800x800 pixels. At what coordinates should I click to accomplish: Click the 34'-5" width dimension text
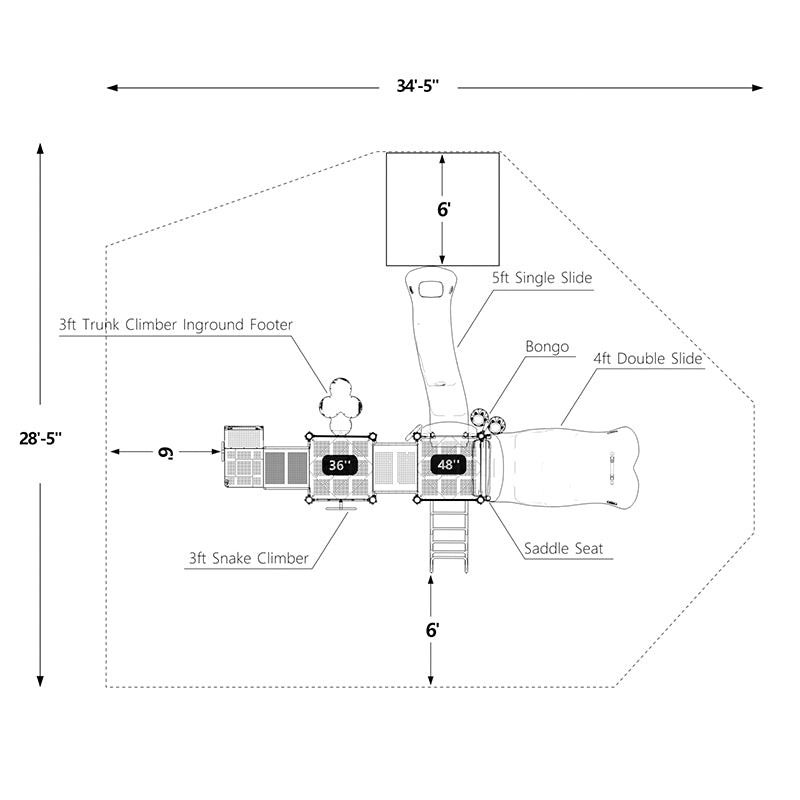pyautogui.click(x=420, y=87)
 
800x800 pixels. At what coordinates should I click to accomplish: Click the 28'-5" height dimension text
pyautogui.click(x=41, y=438)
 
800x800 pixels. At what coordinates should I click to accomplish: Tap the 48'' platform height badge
pyautogui.click(x=448, y=465)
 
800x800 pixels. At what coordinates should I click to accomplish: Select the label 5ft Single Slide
pyautogui.click(x=541, y=278)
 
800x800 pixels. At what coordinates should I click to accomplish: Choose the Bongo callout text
pyautogui.click(x=547, y=347)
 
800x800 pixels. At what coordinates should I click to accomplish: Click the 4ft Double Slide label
pyautogui.click(x=647, y=358)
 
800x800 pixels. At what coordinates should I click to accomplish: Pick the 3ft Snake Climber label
pyautogui.click(x=249, y=558)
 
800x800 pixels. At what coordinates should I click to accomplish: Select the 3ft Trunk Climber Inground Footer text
pyautogui.click(x=176, y=325)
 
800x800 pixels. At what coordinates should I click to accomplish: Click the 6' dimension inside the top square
pyautogui.click(x=443, y=209)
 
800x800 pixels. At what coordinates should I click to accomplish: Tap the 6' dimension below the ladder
pyautogui.click(x=432, y=630)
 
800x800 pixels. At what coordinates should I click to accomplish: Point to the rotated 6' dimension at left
pyautogui.click(x=166, y=452)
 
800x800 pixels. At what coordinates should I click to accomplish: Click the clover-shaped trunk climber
pyautogui.click(x=340, y=401)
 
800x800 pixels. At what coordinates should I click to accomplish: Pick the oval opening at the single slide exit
pyautogui.click(x=432, y=290)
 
